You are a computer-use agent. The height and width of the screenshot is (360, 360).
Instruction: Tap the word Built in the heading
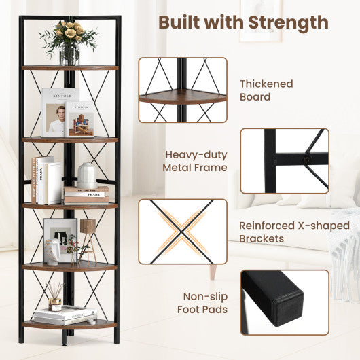pyautogui.click(x=183, y=22)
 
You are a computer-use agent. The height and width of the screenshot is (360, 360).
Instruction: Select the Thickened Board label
pyautogui.click(x=266, y=90)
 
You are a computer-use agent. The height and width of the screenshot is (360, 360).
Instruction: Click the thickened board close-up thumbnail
pyautogui.click(x=183, y=90)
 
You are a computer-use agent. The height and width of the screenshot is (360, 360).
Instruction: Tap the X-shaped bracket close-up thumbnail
pyautogui.click(x=183, y=231)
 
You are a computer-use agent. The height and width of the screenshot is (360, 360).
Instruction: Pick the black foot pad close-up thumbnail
pyautogui.click(x=284, y=302)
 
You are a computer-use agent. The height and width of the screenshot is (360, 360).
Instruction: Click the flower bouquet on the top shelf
pyautogui.click(x=69, y=33)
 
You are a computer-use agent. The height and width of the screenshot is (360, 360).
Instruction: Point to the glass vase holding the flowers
pyautogui.click(x=69, y=55)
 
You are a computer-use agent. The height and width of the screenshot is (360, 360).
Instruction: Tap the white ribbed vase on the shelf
pyautogui.click(x=86, y=175)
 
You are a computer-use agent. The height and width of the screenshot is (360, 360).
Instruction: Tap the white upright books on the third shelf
pyautogui.click(x=49, y=181)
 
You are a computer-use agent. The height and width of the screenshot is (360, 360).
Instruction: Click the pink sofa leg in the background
pyautogui.click(x=211, y=271)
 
